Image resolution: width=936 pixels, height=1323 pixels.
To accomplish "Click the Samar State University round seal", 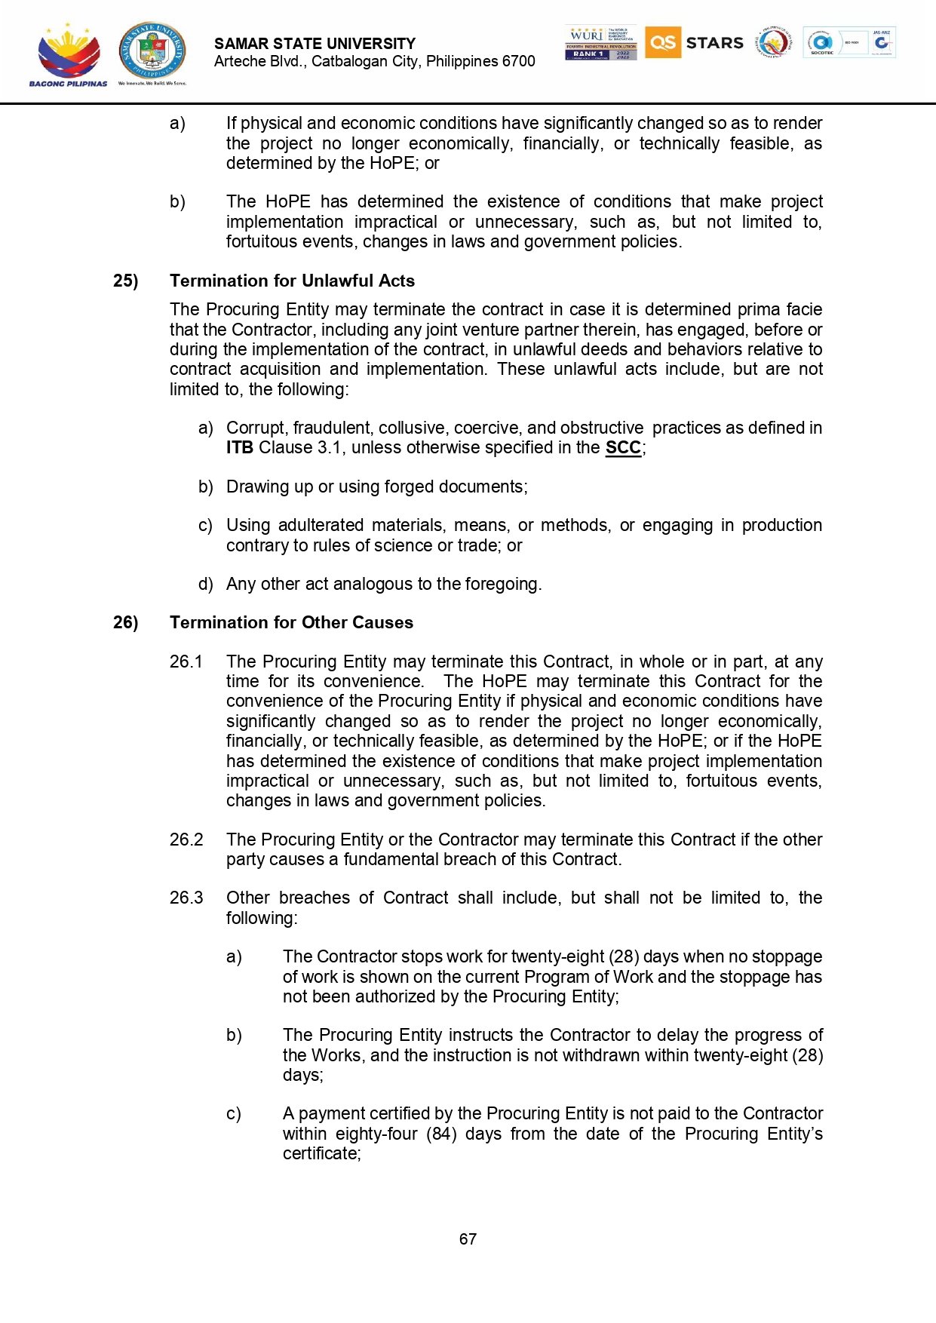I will pos(152,51).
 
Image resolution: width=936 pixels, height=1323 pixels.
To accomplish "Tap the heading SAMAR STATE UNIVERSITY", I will pos(315,44).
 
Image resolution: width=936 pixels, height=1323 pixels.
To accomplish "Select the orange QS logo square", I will pos(662,42).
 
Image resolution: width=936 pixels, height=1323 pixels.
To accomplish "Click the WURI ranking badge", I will pos(600,43).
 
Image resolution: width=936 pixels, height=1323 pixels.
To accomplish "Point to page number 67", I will pos(468,1239).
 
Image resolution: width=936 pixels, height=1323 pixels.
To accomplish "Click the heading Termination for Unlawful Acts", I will pos(292,281).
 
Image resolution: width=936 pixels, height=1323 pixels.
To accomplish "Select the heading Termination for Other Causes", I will pos(291,622).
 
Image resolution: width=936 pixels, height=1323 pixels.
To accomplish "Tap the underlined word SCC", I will pos(623,447).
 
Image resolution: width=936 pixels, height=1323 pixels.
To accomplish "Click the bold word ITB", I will pos(239,447).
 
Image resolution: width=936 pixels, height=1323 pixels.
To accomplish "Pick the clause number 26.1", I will pos(186,661).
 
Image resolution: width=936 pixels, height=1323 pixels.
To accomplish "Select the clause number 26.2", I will pos(186,840).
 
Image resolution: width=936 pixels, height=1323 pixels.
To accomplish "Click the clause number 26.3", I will pos(186,898).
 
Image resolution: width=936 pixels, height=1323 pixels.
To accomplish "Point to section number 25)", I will pos(126,281).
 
